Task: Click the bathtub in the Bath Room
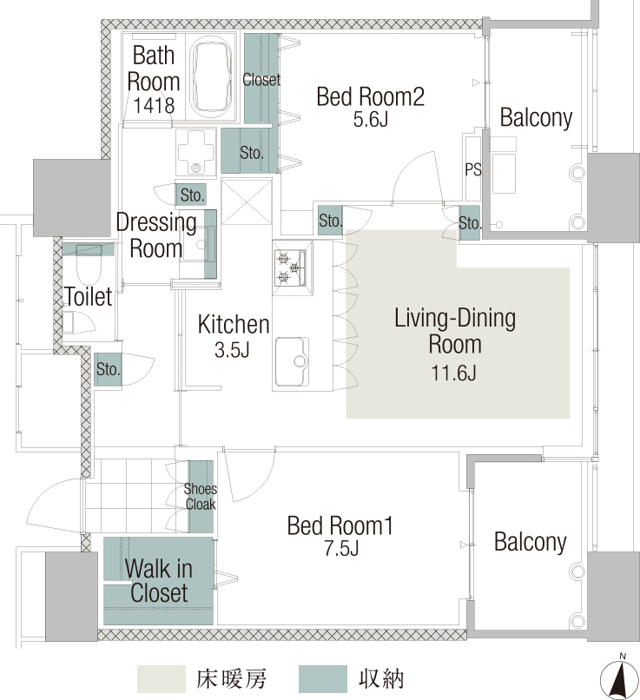click(x=212, y=76)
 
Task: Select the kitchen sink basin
click(x=292, y=361)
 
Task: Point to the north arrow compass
click(x=619, y=678)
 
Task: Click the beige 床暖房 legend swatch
click(x=162, y=679)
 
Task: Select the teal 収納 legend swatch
click(x=323, y=679)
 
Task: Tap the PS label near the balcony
click(x=473, y=169)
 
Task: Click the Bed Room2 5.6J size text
click(x=371, y=120)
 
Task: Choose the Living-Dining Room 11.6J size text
click(x=453, y=373)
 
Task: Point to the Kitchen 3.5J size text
click(x=232, y=350)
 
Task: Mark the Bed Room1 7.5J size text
click(x=341, y=549)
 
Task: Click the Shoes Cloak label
click(x=201, y=497)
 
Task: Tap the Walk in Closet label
click(x=159, y=581)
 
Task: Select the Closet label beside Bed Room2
click(x=261, y=79)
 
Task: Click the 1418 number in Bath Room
click(x=154, y=106)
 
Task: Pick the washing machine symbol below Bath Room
click(x=195, y=152)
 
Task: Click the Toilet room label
click(x=89, y=296)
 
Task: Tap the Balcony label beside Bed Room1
click(x=531, y=543)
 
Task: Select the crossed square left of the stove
click(x=247, y=201)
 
